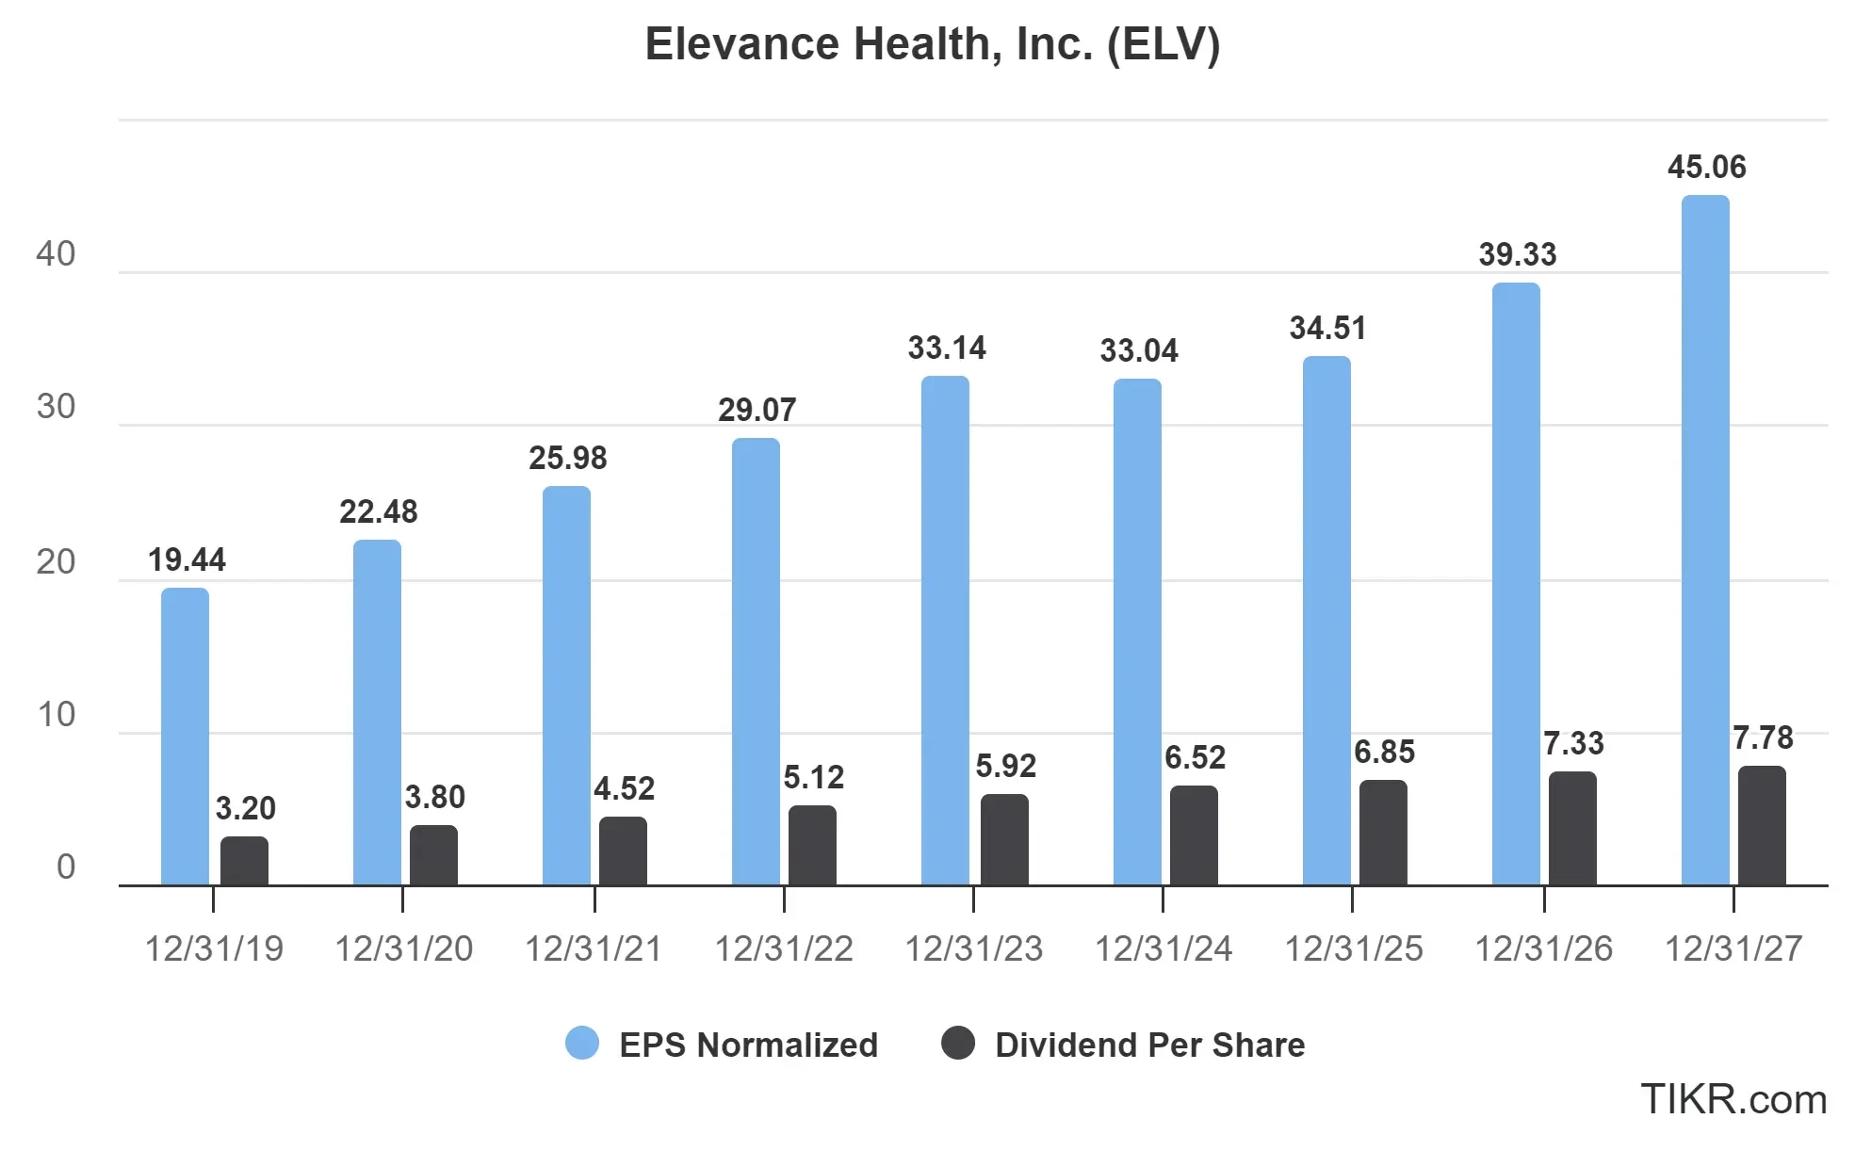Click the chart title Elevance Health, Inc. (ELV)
(932, 44)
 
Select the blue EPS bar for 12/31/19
(185, 737)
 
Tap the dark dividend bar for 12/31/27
(1761, 826)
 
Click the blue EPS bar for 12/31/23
(945, 631)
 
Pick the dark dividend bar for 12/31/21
(623, 851)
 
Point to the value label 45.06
(1706, 167)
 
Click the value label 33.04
(1138, 350)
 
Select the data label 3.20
(245, 807)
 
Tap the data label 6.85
(1384, 752)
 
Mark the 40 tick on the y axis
(56, 253)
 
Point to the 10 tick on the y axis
(56, 714)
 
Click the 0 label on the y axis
(65, 867)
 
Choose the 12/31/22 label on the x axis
(783, 948)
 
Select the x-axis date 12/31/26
(1543, 948)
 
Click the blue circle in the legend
(582, 1044)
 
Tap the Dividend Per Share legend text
(1149, 1045)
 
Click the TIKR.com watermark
(1733, 1099)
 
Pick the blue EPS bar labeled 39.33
(1516, 584)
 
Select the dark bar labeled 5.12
(812, 846)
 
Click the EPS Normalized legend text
(748, 1045)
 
